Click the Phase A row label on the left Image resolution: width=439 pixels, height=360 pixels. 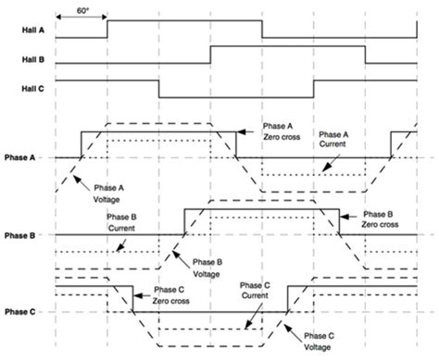[19, 157]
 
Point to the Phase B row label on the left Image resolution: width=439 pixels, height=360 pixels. [19, 236]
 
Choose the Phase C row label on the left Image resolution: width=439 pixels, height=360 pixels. [19, 313]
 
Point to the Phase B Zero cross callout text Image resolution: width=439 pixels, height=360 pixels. [381, 218]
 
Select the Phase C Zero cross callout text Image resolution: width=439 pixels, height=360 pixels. [174, 293]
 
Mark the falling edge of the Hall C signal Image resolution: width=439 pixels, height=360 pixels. [159, 89]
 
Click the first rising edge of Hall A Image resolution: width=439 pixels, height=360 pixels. [107, 30]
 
